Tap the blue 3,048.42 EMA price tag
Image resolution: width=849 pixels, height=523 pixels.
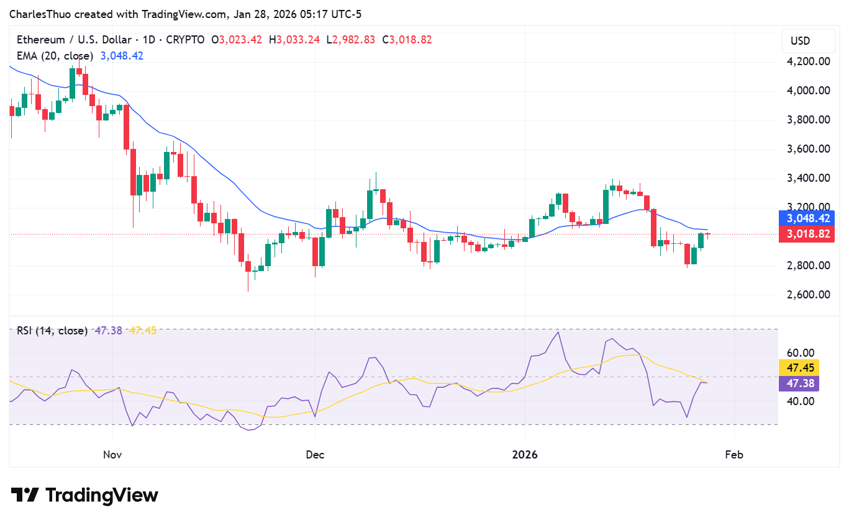pyautogui.click(x=808, y=218)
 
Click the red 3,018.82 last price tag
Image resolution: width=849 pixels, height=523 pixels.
pyautogui.click(x=808, y=234)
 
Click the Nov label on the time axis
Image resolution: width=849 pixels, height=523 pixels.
pyautogui.click(x=112, y=455)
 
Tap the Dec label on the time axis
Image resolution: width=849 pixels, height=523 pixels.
pyautogui.click(x=315, y=455)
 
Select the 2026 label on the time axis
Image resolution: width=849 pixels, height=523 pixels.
pyautogui.click(x=524, y=455)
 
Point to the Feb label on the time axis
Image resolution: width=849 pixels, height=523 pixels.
pyautogui.click(x=734, y=455)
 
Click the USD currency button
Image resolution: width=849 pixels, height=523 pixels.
pyautogui.click(x=800, y=41)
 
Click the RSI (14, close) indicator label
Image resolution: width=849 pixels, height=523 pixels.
pyautogui.click(x=52, y=331)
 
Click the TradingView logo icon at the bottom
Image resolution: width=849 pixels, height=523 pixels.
pyautogui.click(x=25, y=495)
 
